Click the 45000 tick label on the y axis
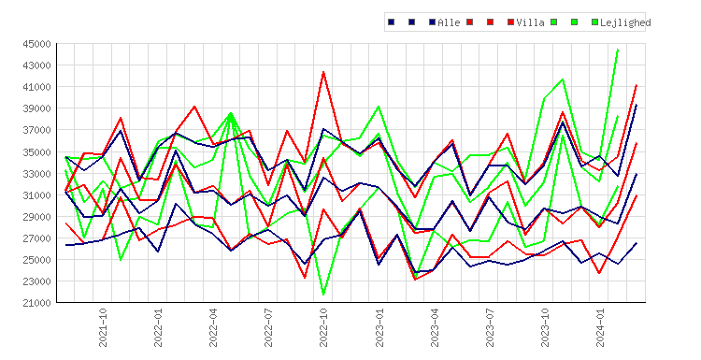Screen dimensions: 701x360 37,44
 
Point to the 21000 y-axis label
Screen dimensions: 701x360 37,303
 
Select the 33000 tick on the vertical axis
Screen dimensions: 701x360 37,174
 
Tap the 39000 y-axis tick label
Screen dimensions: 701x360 37,108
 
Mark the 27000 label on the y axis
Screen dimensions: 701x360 37,238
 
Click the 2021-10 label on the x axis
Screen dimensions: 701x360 103,327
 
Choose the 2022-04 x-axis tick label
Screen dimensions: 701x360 213,327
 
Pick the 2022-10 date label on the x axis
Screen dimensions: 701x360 323,327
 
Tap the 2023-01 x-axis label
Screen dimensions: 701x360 379,327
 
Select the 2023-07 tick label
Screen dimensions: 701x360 490,327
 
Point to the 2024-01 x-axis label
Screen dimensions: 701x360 600,327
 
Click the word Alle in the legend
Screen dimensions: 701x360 449,22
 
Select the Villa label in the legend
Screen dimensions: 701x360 531,22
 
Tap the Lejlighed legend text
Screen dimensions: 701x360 625,22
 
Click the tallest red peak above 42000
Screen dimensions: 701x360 323,72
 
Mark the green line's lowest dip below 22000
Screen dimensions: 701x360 323,295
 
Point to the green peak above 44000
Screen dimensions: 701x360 618,50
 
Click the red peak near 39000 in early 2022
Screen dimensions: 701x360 194,107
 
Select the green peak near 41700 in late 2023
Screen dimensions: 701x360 563,79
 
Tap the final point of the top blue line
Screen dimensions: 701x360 637,105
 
